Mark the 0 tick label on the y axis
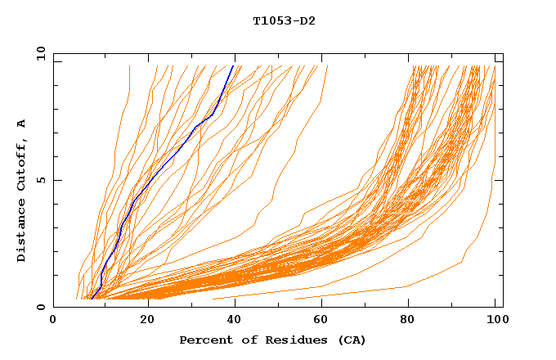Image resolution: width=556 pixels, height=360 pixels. (39, 307)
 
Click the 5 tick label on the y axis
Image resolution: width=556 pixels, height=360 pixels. (39, 180)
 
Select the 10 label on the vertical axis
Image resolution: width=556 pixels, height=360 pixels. (39, 54)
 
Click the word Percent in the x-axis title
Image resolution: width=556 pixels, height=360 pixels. (203, 340)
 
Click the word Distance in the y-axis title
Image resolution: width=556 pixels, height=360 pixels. (22, 231)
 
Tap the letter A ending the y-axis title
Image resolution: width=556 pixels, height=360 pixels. (22, 124)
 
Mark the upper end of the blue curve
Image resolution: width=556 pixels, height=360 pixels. (233, 66)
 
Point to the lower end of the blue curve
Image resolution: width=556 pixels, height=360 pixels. (92, 298)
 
